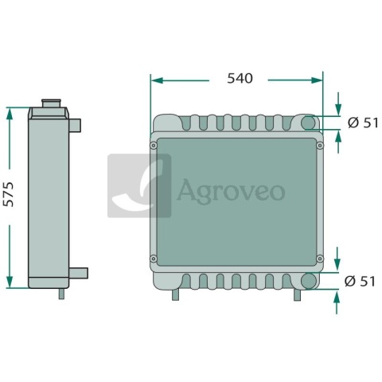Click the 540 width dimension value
(x=240, y=79)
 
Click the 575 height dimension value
(x=10, y=194)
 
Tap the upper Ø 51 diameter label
(x=363, y=123)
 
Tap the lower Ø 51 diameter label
(x=360, y=281)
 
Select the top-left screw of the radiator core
(x=153, y=146)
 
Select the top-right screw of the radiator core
(x=320, y=146)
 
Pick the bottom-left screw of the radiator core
(x=153, y=259)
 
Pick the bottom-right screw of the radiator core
(x=320, y=259)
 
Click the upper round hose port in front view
(x=308, y=123)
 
